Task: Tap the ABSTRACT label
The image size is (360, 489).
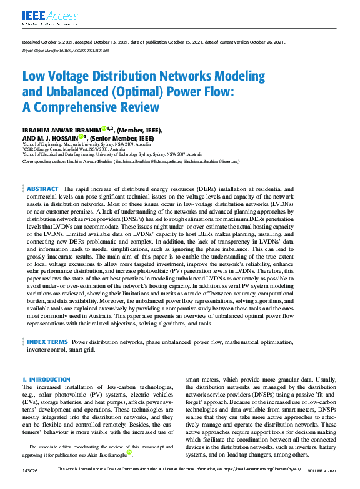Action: (43, 188)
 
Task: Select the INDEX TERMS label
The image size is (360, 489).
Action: (47, 342)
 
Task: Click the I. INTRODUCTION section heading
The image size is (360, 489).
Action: (46, 379)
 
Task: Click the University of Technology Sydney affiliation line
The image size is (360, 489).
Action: (112, 154)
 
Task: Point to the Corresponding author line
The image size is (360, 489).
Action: (131, 161)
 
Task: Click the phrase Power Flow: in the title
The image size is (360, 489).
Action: (198, 92)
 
